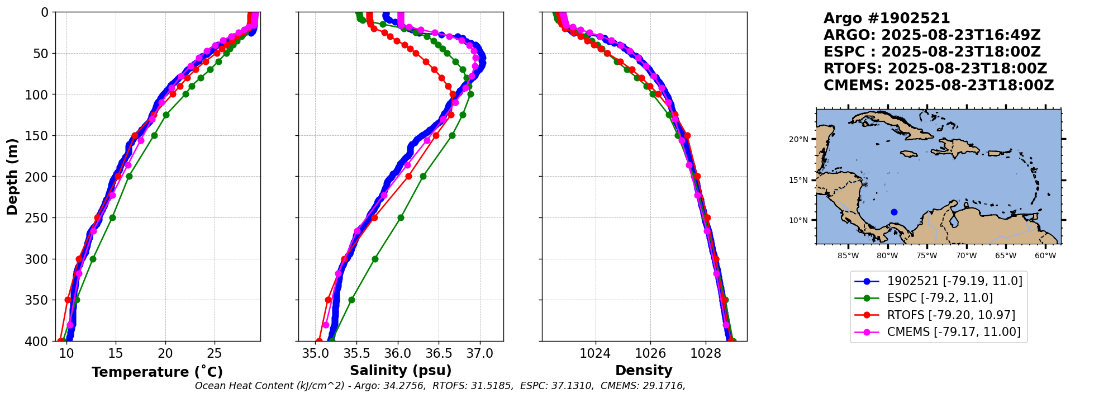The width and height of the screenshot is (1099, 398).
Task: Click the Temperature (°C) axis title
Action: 157,372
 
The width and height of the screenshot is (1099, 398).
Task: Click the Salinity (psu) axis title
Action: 401,371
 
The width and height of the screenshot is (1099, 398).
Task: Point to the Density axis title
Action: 644,371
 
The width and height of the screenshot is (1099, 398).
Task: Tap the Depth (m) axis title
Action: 12,177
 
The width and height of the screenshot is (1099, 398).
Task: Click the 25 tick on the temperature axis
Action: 215,353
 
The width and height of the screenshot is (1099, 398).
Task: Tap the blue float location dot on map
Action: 894,212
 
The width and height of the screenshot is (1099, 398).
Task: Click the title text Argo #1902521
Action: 887,18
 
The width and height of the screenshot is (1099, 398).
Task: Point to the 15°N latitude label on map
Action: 798,180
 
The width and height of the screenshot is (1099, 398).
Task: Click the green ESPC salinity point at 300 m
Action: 375,259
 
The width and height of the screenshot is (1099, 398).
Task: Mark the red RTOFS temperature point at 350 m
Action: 68,300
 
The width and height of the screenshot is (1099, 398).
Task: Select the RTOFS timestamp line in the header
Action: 935,69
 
